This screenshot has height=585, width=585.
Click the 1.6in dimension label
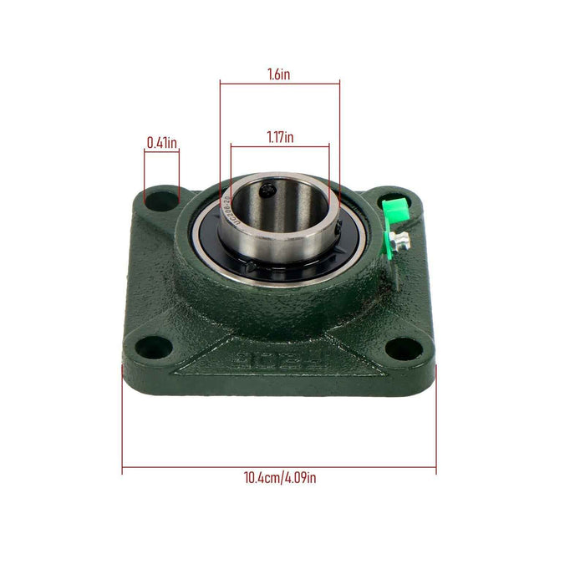click(280, 74)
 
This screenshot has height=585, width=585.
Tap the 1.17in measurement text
click(280, 137)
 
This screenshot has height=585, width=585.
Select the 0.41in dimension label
click(161, 143)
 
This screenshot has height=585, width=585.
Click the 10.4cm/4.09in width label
click(279, 478)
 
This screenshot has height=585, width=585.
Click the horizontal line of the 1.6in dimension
click(280, 83)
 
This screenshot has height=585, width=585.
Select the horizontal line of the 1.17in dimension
click(280, 147)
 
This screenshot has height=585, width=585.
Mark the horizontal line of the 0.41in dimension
click(161, 151)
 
